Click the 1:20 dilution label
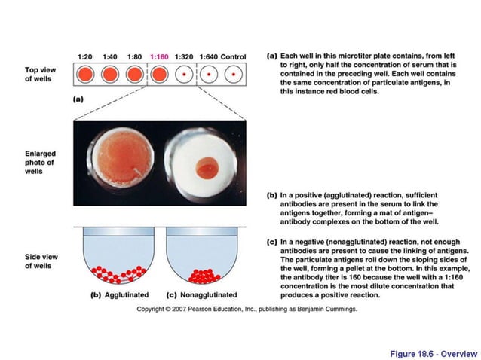[85, 56]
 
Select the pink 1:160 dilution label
[159, 56]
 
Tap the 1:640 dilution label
[208, 56]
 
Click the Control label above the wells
[234, 56]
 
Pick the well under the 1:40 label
[110, 75]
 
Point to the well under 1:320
[184, 75]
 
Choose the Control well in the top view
[234, 75]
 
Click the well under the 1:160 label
[159, 75]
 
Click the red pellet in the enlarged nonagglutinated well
[206, 167]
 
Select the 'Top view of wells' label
[39, 75]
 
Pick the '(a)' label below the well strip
[78, 99]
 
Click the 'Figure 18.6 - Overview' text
[433, 352]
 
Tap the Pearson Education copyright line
[247, 309]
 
